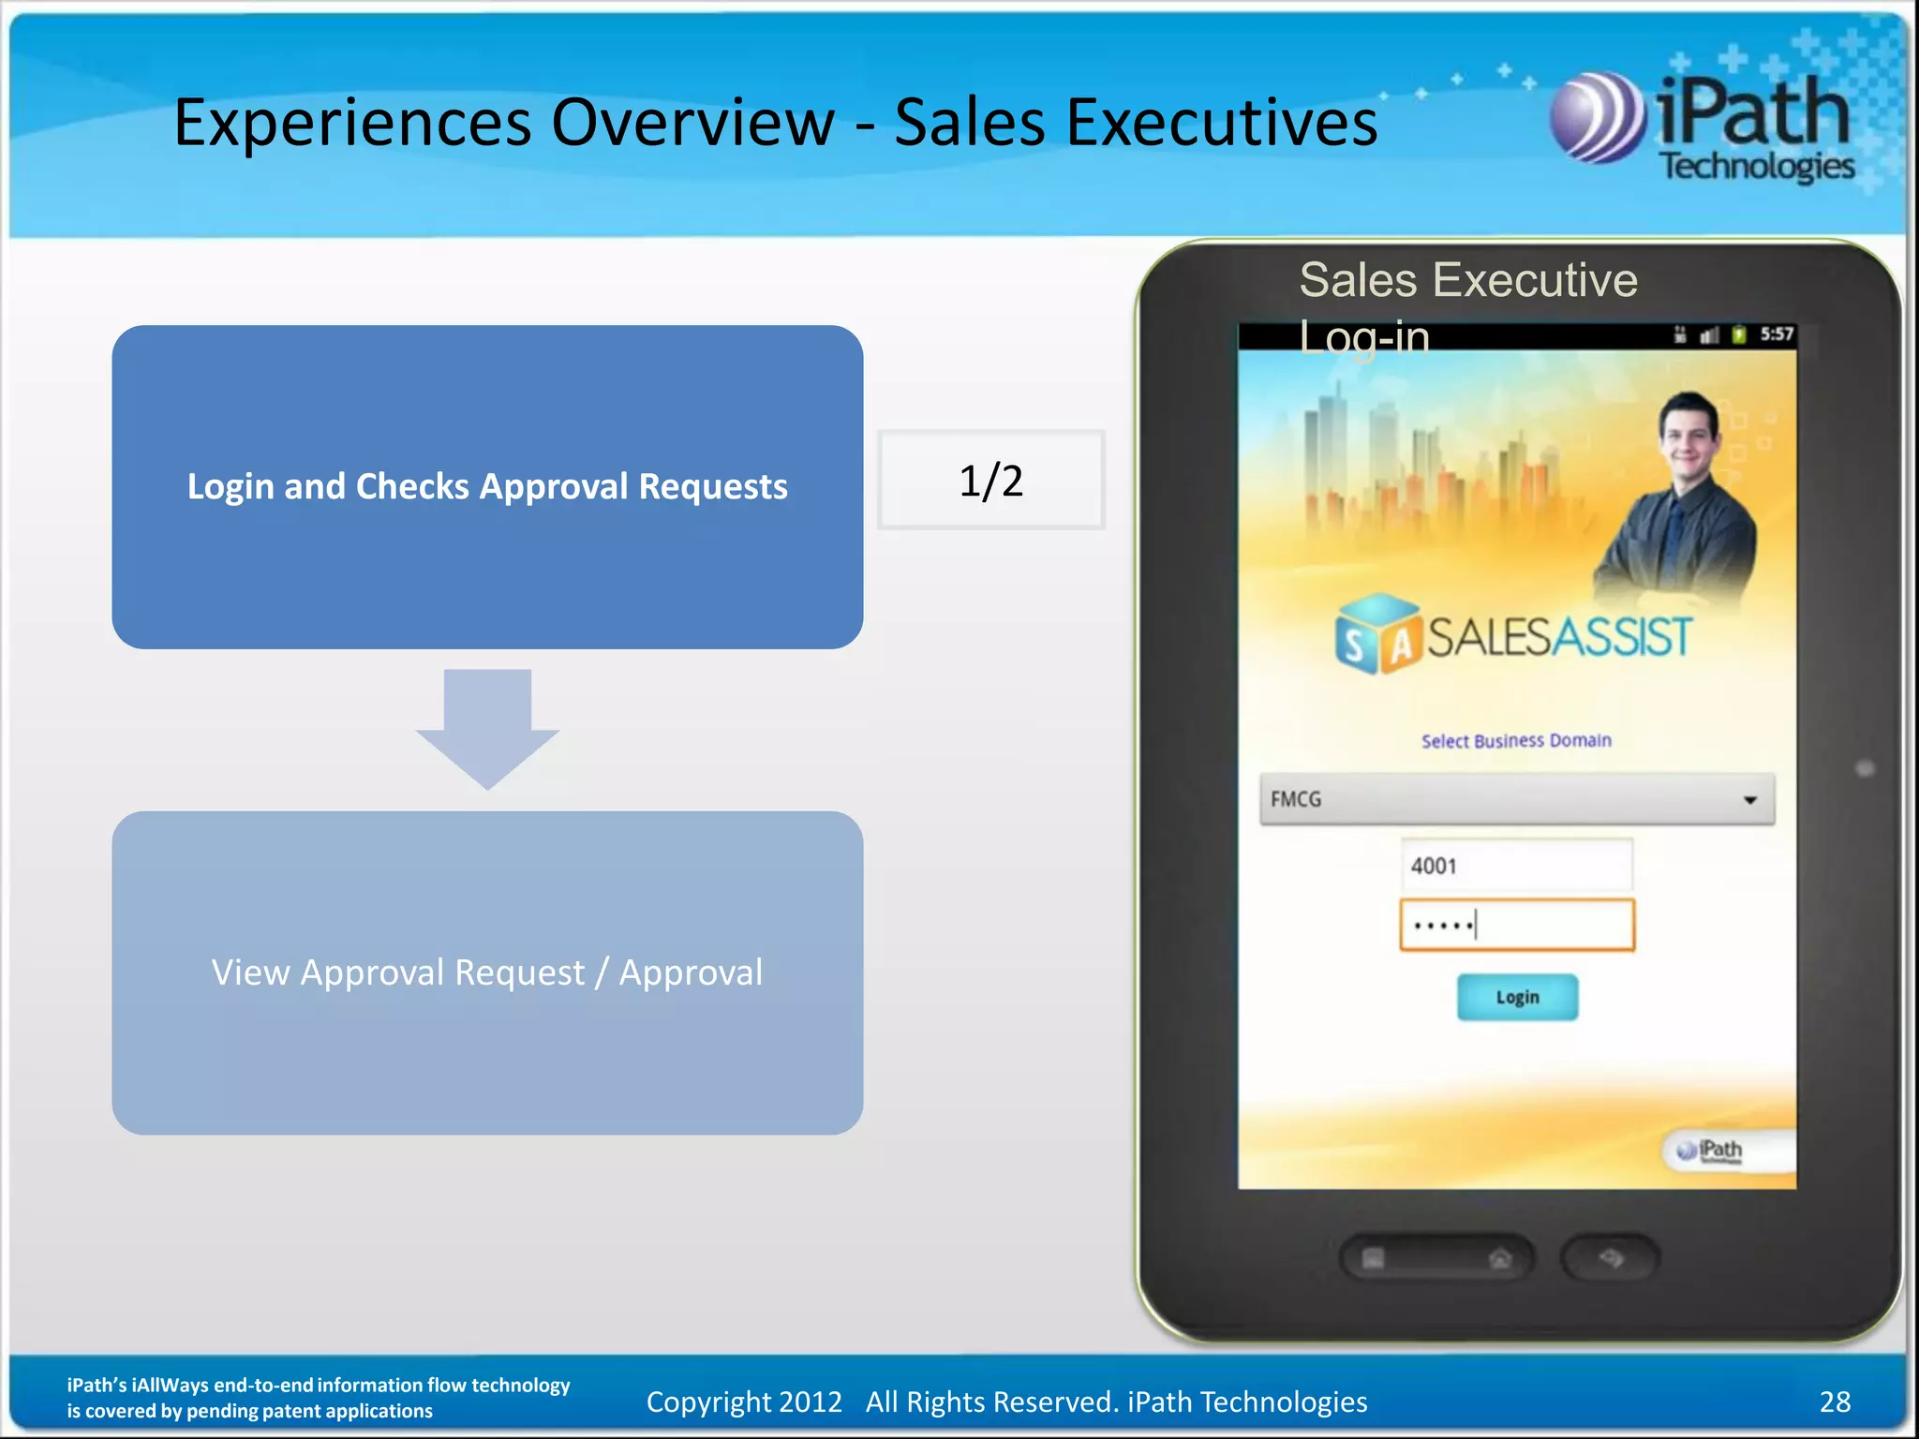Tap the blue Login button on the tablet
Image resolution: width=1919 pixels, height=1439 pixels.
pos(1517,997)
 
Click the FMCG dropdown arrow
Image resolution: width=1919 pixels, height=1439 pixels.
pos(1748,800)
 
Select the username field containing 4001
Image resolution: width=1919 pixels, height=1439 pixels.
pos(1516,865)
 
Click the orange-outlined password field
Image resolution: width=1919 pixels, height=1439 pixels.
pos(1516,926)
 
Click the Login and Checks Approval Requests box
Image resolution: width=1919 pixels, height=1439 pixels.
pos(487,486)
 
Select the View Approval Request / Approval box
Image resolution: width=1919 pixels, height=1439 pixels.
pos(487,972)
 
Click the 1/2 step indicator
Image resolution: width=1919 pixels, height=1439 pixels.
pos(990,481)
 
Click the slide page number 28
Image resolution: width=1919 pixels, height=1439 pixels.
pos(1835,1402)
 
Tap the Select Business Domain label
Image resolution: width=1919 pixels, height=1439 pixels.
pos(1516,741)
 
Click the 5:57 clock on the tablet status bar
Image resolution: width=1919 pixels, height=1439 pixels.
pos(1776,334)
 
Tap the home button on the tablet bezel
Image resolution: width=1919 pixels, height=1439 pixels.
pos(1500,1258)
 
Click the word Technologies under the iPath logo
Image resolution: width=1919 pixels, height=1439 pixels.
pos(1757,167)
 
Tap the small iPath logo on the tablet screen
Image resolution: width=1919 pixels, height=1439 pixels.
pos(1712,1150)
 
